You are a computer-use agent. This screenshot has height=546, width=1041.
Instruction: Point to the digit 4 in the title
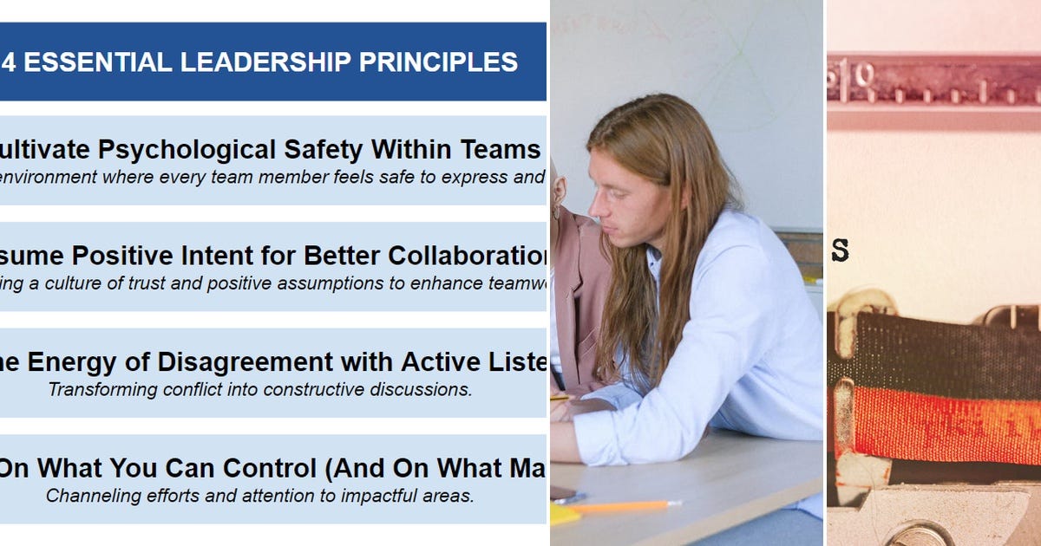9,62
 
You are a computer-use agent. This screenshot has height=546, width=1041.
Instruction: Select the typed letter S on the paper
839,250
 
